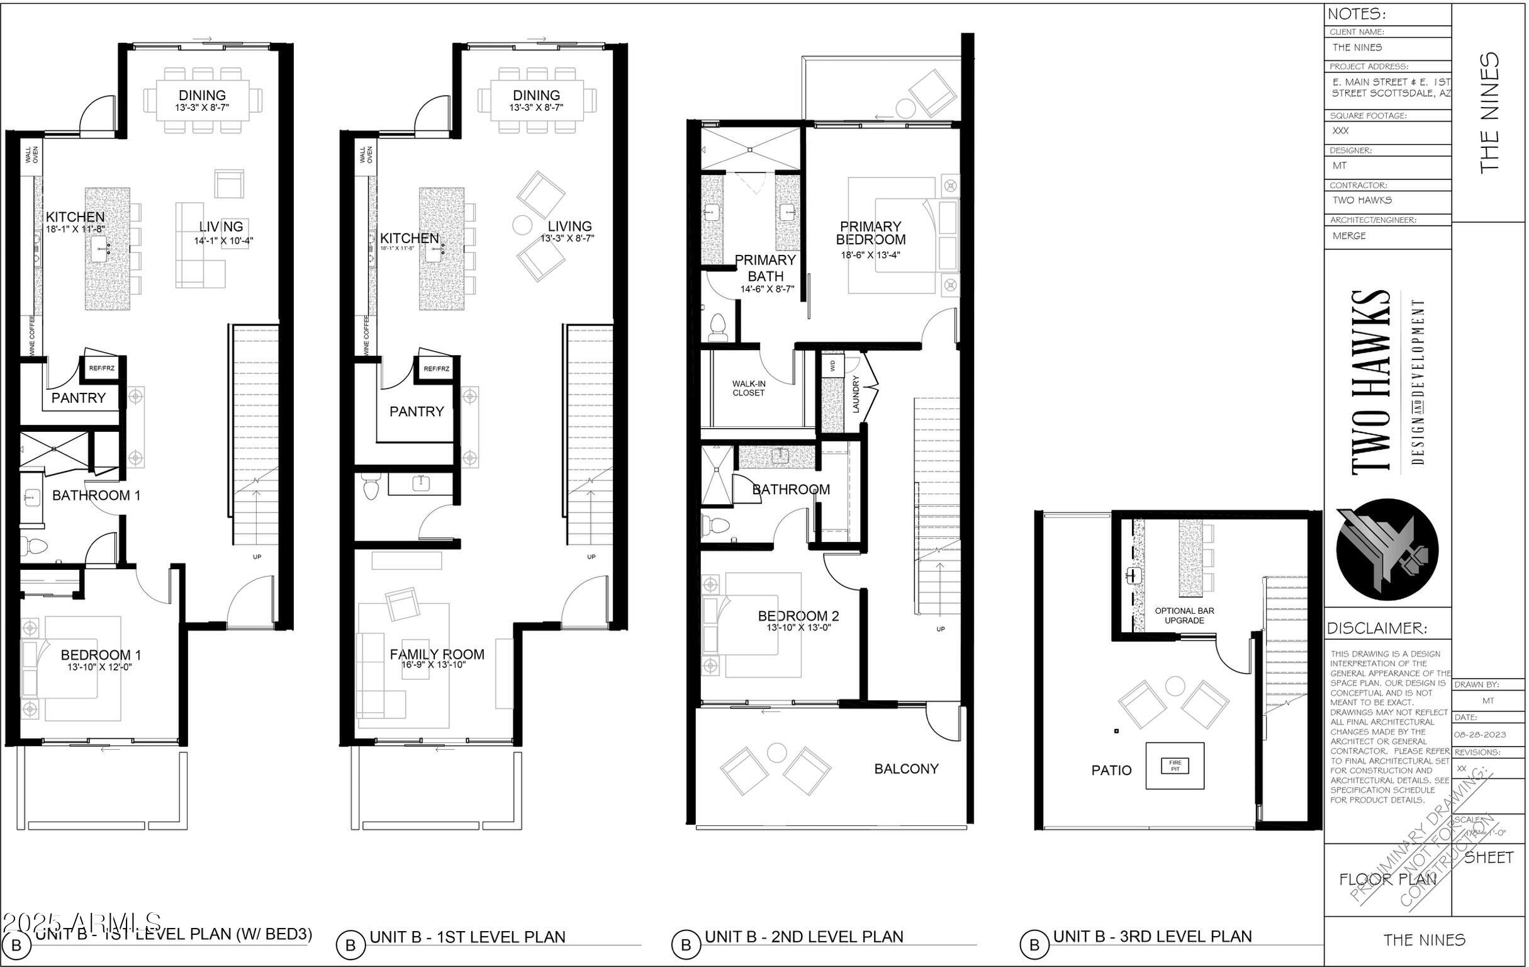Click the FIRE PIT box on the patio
click(1175, 765)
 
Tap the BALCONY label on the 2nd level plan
click(906, 769)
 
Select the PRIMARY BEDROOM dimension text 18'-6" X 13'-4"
click(871, 255)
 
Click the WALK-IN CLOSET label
click(749, 388)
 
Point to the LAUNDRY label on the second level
click(855, 394)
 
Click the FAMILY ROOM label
click(437, 654)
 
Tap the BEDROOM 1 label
click(100, 655)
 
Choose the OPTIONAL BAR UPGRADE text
click(1184, 616)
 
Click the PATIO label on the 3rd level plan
click(1111, 771)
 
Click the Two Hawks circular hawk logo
click(1387, 550)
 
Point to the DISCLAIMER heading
click(1377, 628)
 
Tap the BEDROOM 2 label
click(798, 616)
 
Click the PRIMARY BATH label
click(765, 268)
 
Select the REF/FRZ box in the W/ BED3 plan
click(101, 368)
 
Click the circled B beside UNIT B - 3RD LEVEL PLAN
click(1034, 945)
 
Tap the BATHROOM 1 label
click(96, 495)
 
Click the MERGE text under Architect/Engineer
click(1348, 235)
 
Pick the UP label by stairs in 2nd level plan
click(941, 629)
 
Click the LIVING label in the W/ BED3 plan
click(221, 227)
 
